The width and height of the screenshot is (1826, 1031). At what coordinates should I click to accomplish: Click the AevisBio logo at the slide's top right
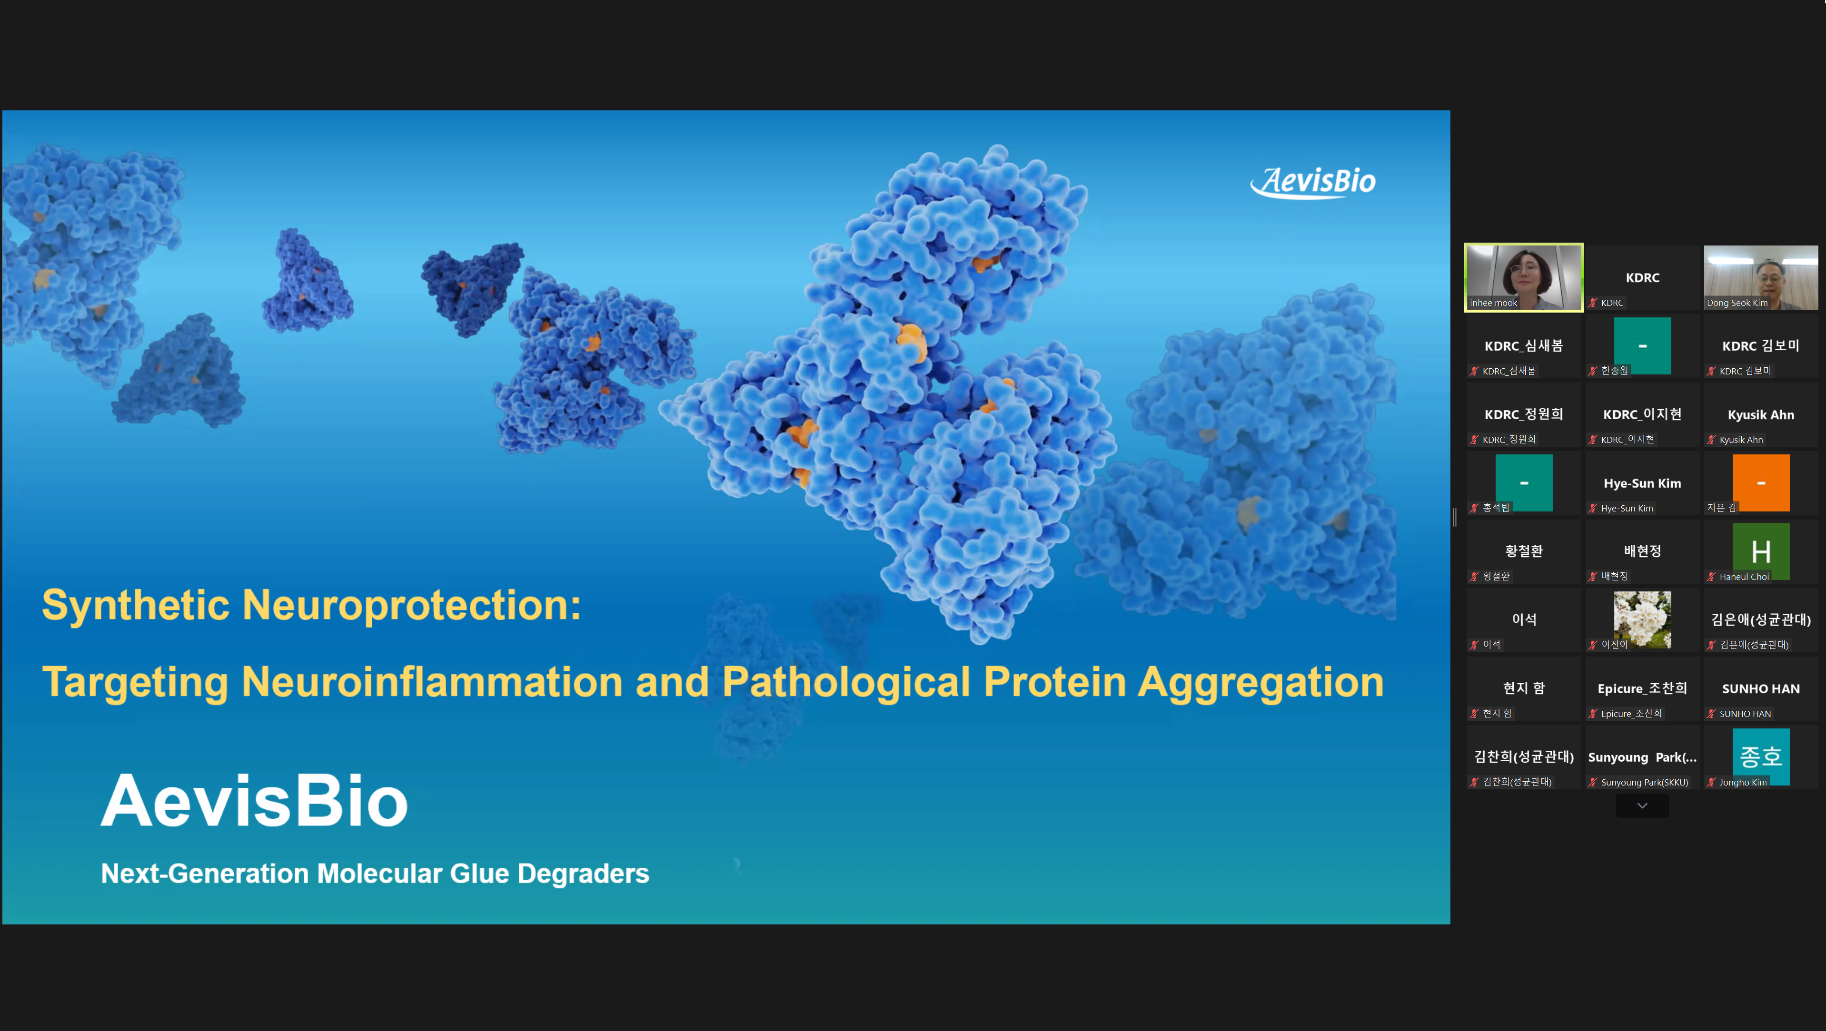click(x=1313, y=182)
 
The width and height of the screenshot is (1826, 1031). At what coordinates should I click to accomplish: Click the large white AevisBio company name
click(x=255, y=801)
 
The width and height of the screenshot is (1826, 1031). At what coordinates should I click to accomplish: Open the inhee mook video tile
click(x=1524, y=277)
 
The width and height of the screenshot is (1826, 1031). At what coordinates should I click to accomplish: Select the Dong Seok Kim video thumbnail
click(x=1761, y=277)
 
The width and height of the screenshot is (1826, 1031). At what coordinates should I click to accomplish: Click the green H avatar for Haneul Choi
click(x=1761, y=551)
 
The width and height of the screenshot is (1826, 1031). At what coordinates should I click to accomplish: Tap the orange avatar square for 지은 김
click(x=1761, y=482)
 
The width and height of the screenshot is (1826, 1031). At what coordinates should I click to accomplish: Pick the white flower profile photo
click(x=1642, y=619)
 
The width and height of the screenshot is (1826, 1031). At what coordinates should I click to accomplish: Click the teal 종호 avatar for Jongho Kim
click(x=1761, y=756)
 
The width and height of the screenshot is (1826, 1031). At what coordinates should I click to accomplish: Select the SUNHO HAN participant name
click(x=1761, y=689)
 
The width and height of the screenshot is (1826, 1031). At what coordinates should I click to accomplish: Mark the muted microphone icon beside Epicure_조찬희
click(x=1593, y=714)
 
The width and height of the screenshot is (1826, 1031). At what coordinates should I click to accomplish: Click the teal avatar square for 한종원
click(x=1642, y=346)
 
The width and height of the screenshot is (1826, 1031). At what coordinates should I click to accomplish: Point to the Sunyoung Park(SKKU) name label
click(x=1645, y=782)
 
